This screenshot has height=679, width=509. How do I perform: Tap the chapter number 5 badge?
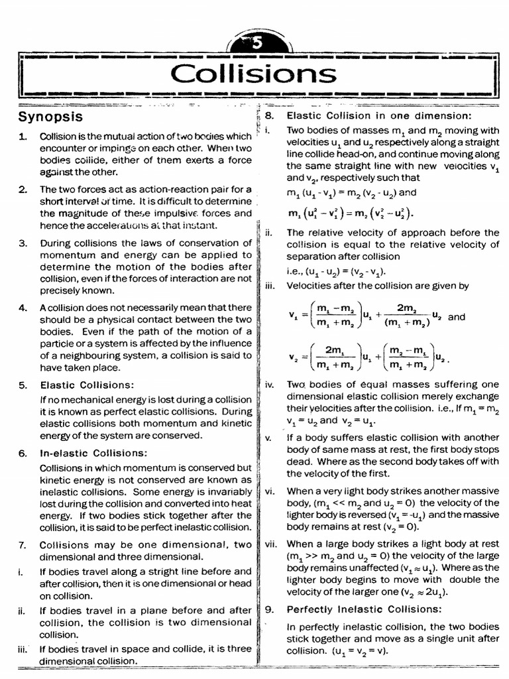coord(258,44)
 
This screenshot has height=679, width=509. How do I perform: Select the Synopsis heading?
coord(50,117)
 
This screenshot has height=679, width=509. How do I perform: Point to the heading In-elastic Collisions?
coord(93,453)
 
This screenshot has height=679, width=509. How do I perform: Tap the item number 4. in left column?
coord(23,308)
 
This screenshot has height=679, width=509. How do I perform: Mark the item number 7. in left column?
coord(23,545)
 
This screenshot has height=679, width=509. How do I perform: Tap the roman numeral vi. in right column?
coord(269,491)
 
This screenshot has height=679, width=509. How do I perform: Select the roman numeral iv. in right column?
coord(269,385)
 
